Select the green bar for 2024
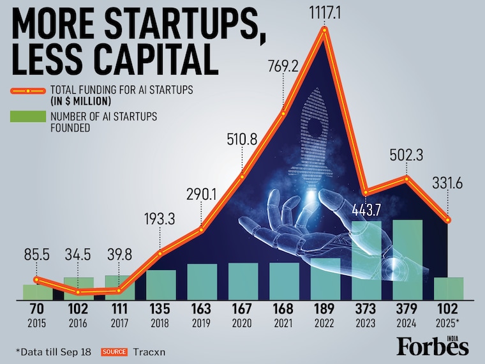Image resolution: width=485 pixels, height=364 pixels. tap(407, 259)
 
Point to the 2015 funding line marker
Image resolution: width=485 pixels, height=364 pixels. tap(37, 279)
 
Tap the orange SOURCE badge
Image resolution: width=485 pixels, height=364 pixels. tap(114, 351)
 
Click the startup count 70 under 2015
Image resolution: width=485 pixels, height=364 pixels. tap(37, 309)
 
